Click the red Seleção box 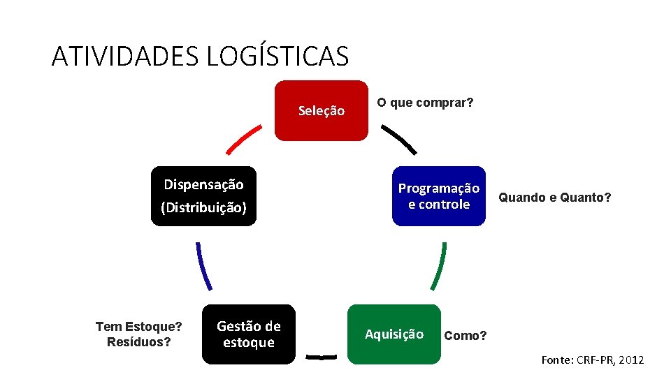[321, 110]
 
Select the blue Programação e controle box [438, 196]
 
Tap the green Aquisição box [394, 334]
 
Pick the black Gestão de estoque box [249, 334]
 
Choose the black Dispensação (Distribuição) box [203, 196]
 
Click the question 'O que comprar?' [425, 103]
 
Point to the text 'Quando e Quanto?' [554, 198]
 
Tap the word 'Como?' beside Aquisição [466, 336]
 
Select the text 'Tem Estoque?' [138, 326]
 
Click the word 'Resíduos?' [138, 342]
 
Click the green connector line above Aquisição [438, 265]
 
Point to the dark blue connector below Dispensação [203, 265]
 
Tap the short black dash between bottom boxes [322, 357]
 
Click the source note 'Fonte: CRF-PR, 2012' [593, 360]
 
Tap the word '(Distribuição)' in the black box [203, 208]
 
